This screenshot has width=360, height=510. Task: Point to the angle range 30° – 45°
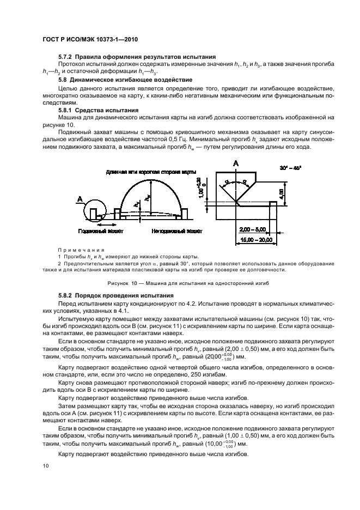[x=294, y=167]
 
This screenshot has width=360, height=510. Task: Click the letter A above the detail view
[x=235, y=163]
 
